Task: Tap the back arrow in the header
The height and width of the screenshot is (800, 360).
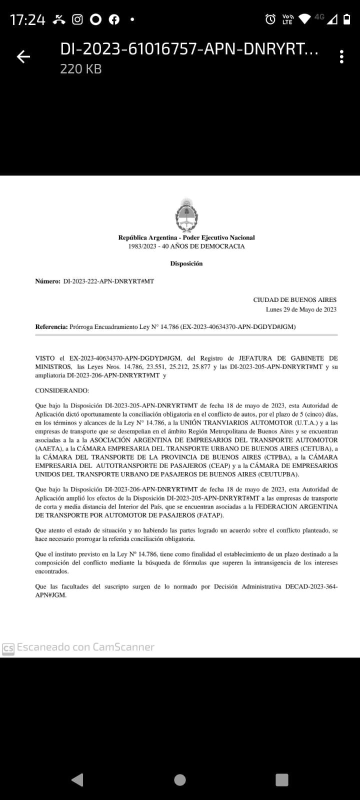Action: click(23, 57)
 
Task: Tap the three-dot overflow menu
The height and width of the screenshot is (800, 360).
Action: click(341, 57)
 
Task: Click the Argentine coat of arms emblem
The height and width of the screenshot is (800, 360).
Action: click(186, 215)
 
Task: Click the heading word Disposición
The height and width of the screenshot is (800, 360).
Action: click(186, 263)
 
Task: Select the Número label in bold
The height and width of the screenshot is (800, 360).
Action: click(47, 281)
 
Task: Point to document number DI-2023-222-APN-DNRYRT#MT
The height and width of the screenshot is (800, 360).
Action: click(108, 281)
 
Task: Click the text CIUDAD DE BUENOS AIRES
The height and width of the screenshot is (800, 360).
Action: click(294, 300)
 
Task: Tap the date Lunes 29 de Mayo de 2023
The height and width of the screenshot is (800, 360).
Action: click(301, 309)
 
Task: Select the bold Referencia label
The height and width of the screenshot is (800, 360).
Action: click(51, 327)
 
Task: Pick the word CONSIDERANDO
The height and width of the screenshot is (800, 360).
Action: click(62, 390)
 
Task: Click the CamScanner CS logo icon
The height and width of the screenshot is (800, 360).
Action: click(8, 648)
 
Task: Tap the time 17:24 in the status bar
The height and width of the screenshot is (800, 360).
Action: click(27, 20)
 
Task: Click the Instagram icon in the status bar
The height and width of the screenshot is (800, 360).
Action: click(77, 19)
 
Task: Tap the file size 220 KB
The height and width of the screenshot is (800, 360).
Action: click(81, 69)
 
